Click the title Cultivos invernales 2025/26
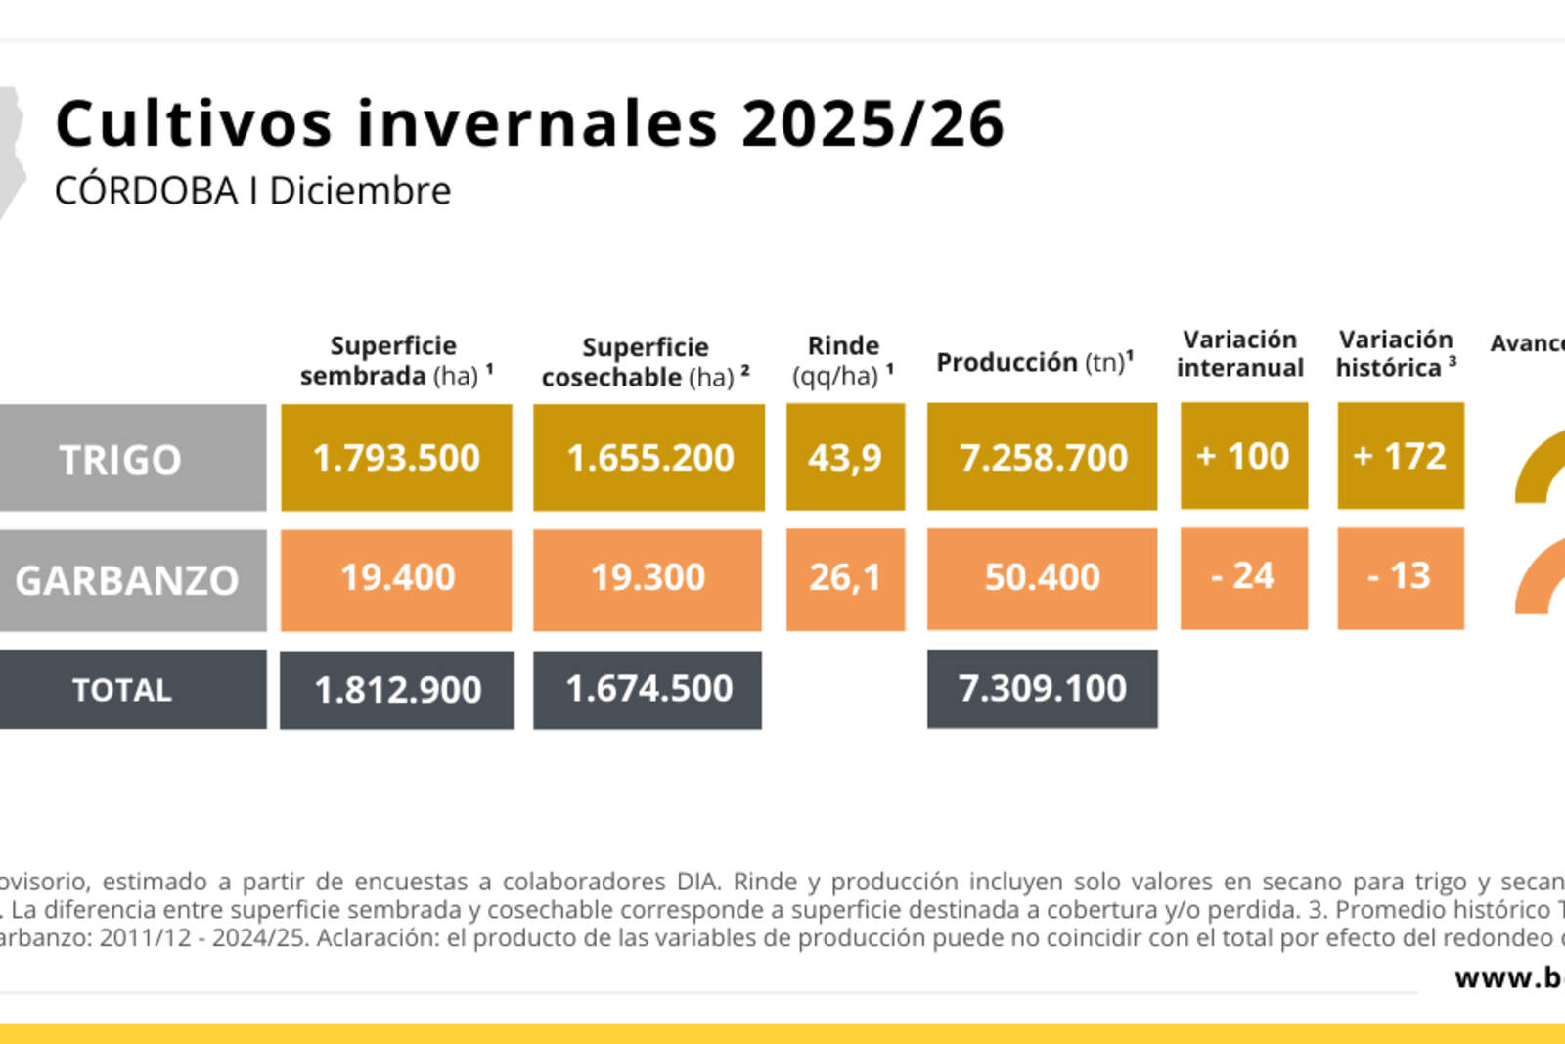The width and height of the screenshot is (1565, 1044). pyautogui.click(x=529, y=124)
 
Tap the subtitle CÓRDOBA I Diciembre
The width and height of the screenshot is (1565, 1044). pyautogui.click(x=252, y=191)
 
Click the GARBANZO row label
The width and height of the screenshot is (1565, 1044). pyautogui.click(x=127, y=580)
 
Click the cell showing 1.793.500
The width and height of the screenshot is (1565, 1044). pyautogui.click(x=396, y=458)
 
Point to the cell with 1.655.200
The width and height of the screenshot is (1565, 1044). pyautogui.click(x=649, y=458)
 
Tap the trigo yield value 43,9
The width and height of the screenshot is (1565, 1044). pyautogui.click(x=845, y=458)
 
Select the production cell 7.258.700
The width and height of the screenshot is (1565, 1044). pyautogui.click(x=1043, y=458)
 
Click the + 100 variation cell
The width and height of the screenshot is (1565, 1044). pyautogui.click(x=1243, y=456)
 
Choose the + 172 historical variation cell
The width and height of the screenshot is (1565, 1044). pyautogui.click(x=1400, y=456)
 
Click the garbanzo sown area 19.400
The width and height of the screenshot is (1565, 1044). pyautogui.click(x=396, y=578)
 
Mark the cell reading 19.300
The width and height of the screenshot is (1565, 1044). pyautogui.click(x=648, y=578)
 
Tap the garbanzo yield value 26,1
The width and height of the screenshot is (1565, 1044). pyautogui.click(x=845, y=578)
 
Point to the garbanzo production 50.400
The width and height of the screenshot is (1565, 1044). pyautogui.click(x=1043, y=578)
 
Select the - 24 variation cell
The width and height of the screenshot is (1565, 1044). pyautogui.click(x=1243, y=577)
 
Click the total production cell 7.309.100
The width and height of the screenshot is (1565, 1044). pyautogui.click(x=1043, y=689)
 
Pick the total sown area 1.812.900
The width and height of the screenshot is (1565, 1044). pyautogui.click(x=397, y=690)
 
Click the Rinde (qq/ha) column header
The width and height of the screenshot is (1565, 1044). pyautogui.click(x=843, y=360)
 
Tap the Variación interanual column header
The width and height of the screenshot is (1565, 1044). pyautogui.click(x=1240, y=353)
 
